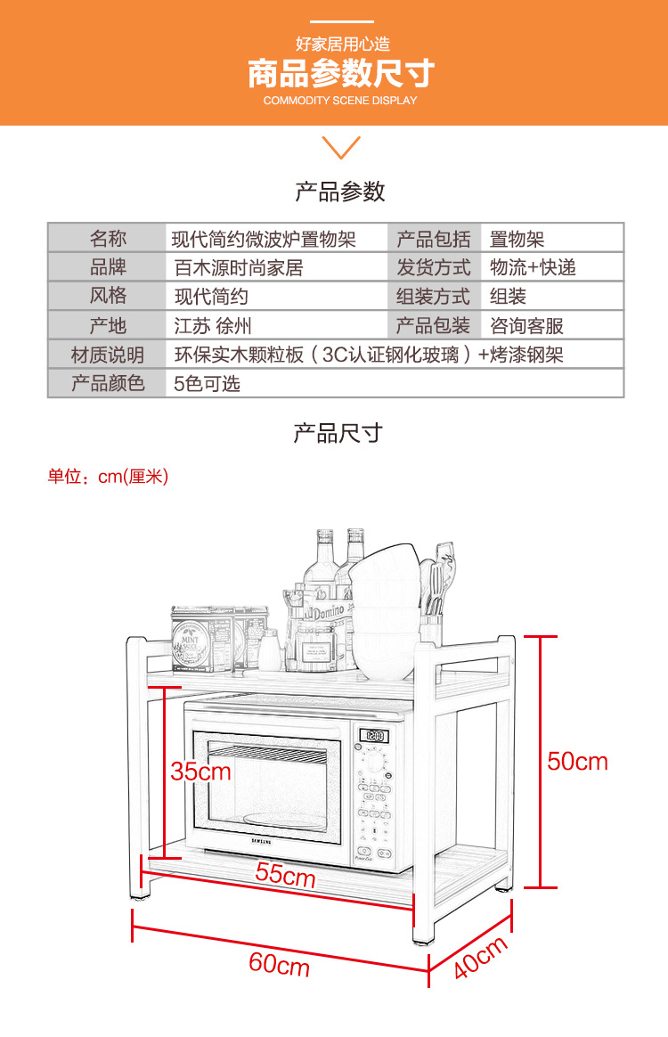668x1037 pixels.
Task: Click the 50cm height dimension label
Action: pyautogui.click(x=577, y=761)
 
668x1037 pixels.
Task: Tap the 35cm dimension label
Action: pyautogui.click(x=200, y=771)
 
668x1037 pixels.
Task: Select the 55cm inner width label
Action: pyautogui.click(x=285, y=874)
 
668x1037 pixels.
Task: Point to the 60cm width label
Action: pyautogui.click(x=279, y=964)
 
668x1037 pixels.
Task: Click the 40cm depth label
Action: pyautogui.click(x=481, y=958)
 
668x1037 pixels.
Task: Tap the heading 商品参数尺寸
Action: pyautogui.click(x=340, y=74)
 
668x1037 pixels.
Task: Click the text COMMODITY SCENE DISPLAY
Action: pyautogui.click(x=340, y=101)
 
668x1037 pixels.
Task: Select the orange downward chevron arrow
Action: pyautogui.click(x=340, y=147)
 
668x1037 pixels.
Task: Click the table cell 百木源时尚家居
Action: pyautogui.click(x=239, y=267)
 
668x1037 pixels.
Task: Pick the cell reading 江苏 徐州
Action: pyautogui.click(x=213, y=326)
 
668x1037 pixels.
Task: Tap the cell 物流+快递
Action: pyautogui.click(x=533, y=267)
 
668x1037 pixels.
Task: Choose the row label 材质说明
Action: pyautogui.click(x=107, y=355)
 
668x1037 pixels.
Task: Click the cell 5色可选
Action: pyautogui.click(x=207, y=384)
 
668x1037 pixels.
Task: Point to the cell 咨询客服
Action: pyautogui.click(x=526, y=326)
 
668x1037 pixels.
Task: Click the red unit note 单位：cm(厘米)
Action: pyautogui.click(x=108, y=477)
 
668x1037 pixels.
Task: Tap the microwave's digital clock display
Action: pyautogui.click(x=374, y=737)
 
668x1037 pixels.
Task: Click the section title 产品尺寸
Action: pyautogui.click(x=338, y=434)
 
